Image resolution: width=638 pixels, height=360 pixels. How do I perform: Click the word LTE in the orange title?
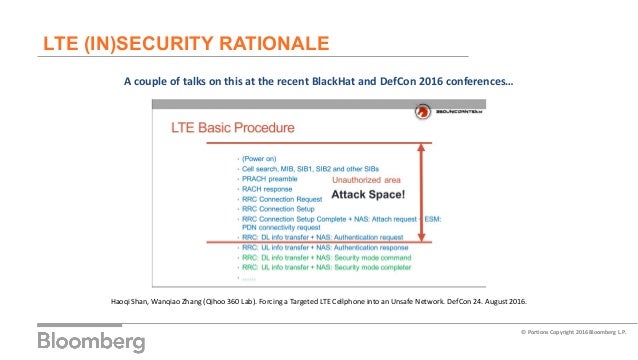click(61, 43)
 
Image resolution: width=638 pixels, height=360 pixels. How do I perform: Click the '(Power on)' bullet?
click(262, 158)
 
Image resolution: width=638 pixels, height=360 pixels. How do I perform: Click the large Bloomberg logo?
click(91, 340)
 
